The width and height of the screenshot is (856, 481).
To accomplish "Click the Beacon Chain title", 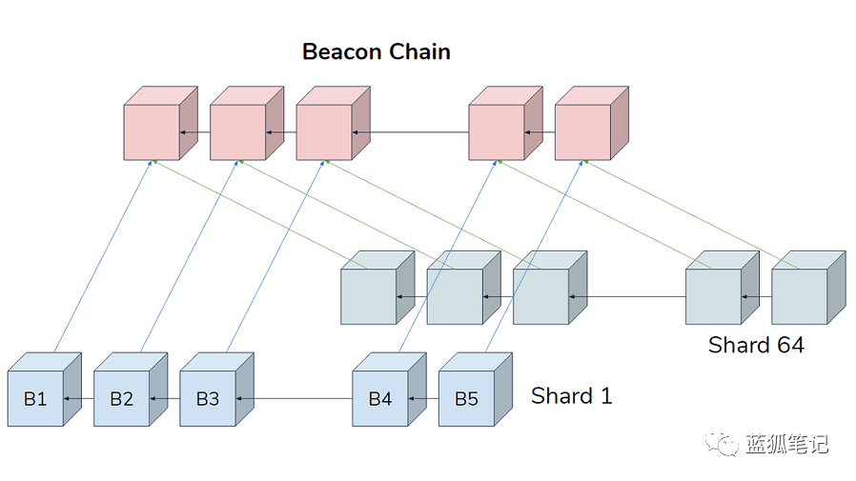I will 376,51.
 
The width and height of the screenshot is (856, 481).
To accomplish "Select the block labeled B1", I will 35,398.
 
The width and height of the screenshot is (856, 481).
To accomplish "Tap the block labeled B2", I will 121,398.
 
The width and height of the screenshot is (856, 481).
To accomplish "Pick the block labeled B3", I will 208,398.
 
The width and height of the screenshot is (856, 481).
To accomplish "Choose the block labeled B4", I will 379,398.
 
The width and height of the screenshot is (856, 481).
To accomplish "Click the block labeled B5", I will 466,398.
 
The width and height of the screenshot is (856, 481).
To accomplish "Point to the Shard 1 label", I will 571,395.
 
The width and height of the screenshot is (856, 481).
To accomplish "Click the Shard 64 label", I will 756,345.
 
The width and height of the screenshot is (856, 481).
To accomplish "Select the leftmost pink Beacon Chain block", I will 153,131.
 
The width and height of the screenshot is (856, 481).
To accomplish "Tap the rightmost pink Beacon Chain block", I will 582,131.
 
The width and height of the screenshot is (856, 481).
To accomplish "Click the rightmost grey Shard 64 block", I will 799,296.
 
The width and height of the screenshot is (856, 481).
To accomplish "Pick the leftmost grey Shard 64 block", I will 368,296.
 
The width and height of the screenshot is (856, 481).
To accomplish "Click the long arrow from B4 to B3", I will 294,398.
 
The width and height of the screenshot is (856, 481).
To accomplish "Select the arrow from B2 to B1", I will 79,398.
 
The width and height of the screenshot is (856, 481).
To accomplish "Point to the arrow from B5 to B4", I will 423,398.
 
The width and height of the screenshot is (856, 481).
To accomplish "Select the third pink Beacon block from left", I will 324,131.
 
